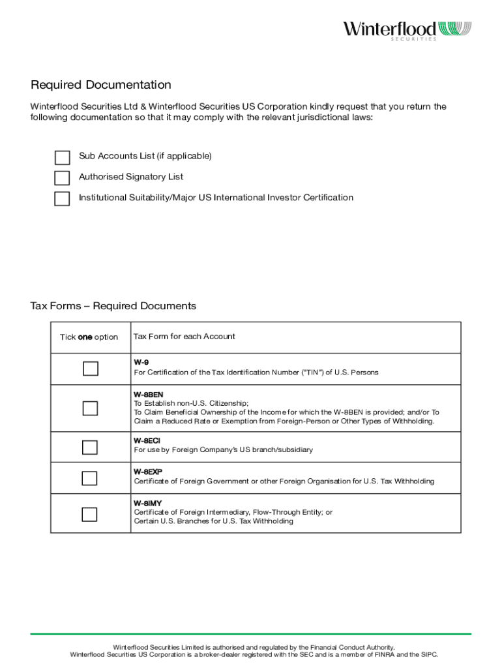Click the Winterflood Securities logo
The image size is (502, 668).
click(407, 30)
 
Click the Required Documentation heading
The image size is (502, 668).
click(101, 85)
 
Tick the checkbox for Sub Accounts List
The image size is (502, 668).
click(62, 158)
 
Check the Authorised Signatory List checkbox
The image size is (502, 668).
click(62, 178)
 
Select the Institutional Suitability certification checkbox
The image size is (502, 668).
click(62, 199)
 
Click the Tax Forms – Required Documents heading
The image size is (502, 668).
click(113, 306)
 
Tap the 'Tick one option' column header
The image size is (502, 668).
click(89, 337)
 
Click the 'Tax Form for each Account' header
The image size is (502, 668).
click(185, 337)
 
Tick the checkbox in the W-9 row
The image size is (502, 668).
click(90, 369)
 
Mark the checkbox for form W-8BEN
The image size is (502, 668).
click(90, 408)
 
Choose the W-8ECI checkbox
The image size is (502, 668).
click(90, 447)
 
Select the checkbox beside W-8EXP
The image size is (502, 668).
click(90, 478)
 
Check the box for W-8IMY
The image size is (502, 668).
click(90, 514)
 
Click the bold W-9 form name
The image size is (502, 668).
click(141, 362)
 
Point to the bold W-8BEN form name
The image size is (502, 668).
click(149, 395)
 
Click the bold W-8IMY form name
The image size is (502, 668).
click(148, 504)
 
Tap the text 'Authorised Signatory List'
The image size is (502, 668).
click(131, 177)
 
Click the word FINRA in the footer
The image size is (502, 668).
click(379, 654)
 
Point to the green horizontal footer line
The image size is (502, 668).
click(251, 633)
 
